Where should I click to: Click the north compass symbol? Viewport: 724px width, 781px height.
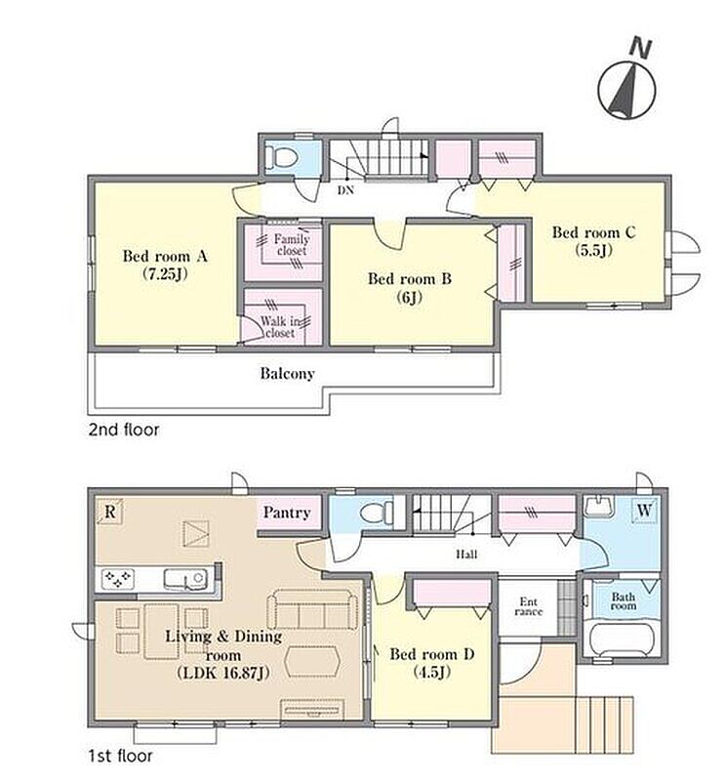click(627, 85)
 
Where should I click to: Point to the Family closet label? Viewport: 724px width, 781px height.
click(292, 245)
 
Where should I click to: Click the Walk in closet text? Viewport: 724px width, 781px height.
click(280, 327)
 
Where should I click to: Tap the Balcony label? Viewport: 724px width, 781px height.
click(287, 374)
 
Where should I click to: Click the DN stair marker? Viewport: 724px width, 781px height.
click(345, 190)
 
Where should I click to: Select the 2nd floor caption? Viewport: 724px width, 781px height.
click(124, 430)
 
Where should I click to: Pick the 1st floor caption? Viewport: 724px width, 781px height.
click(120, 756)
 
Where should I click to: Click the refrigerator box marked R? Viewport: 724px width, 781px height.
click(110, 512)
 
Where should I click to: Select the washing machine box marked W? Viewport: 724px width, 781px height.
click(644, 511)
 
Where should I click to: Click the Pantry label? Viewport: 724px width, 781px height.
click(287, 513)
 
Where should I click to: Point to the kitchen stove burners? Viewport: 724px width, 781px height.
click(118, 579)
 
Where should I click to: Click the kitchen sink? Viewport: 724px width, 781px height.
click(184, 579)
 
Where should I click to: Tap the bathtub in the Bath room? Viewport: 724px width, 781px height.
click(621, 640)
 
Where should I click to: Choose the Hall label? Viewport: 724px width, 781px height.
click(466, 554)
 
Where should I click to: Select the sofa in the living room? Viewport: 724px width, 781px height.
click(312, 609)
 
